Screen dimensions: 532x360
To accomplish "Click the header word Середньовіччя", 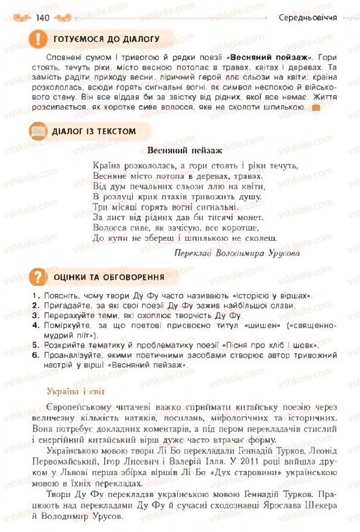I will pos(308,18).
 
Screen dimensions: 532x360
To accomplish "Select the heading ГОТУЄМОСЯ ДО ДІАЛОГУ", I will pos(106,39).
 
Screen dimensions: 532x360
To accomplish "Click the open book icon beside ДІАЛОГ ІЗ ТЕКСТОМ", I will pos(38,132).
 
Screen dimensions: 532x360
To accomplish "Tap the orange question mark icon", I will pos(38,276).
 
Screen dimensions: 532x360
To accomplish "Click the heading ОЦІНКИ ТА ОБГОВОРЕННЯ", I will pos(109,277).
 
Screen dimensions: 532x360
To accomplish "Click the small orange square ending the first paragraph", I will pos(315,108).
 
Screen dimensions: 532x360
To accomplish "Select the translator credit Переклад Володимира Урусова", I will pos(237,253).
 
